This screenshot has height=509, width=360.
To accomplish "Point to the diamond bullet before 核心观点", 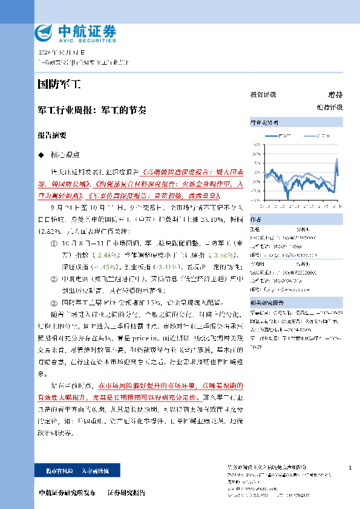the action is click(41, 155).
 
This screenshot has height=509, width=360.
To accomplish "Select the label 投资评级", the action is click(263, 95).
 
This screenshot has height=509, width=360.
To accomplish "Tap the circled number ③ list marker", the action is click(56, 300).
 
